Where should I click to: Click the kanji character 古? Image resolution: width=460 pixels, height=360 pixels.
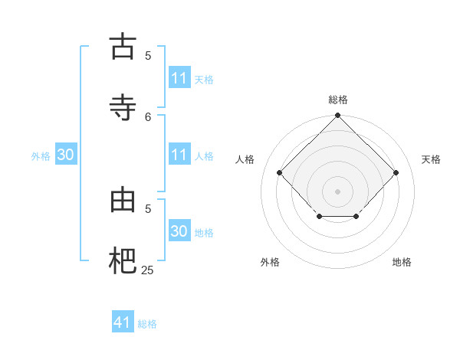point(123,47)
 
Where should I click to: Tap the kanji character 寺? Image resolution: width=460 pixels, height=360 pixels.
point(123,106)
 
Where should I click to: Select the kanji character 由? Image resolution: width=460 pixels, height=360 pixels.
point(123,199)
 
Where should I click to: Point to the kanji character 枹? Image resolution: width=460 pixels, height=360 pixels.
point(123,260)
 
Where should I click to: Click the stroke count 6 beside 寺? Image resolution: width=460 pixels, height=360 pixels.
point(149,116)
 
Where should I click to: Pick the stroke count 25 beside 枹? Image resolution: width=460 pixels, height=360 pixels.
point(147,270)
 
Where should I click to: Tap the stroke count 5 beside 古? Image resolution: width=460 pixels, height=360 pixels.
point(149,55)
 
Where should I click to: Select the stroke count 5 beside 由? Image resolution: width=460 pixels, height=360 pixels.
point(149,208)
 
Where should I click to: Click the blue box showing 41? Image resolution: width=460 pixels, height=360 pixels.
point(123,322)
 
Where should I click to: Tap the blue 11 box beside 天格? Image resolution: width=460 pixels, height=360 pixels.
point(179,78)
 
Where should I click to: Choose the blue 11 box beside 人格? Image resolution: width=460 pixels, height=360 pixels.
point(179,155)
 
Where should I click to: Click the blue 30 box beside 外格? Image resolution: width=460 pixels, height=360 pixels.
point(66,155)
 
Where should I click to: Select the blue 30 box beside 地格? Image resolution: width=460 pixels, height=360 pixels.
point(179,231)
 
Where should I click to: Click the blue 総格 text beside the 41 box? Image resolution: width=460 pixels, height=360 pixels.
point(147,324)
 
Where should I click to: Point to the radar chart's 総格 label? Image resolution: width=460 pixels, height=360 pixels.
point(338,100)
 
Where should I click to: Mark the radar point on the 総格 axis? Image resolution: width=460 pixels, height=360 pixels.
point(338,116)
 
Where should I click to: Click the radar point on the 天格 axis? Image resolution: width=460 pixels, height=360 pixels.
point(396,172)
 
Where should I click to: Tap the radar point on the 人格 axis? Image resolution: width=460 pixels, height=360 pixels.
point(280,172)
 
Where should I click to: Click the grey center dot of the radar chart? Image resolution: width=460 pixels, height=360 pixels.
point(338,191)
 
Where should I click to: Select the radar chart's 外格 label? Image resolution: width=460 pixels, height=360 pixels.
point(270,262)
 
